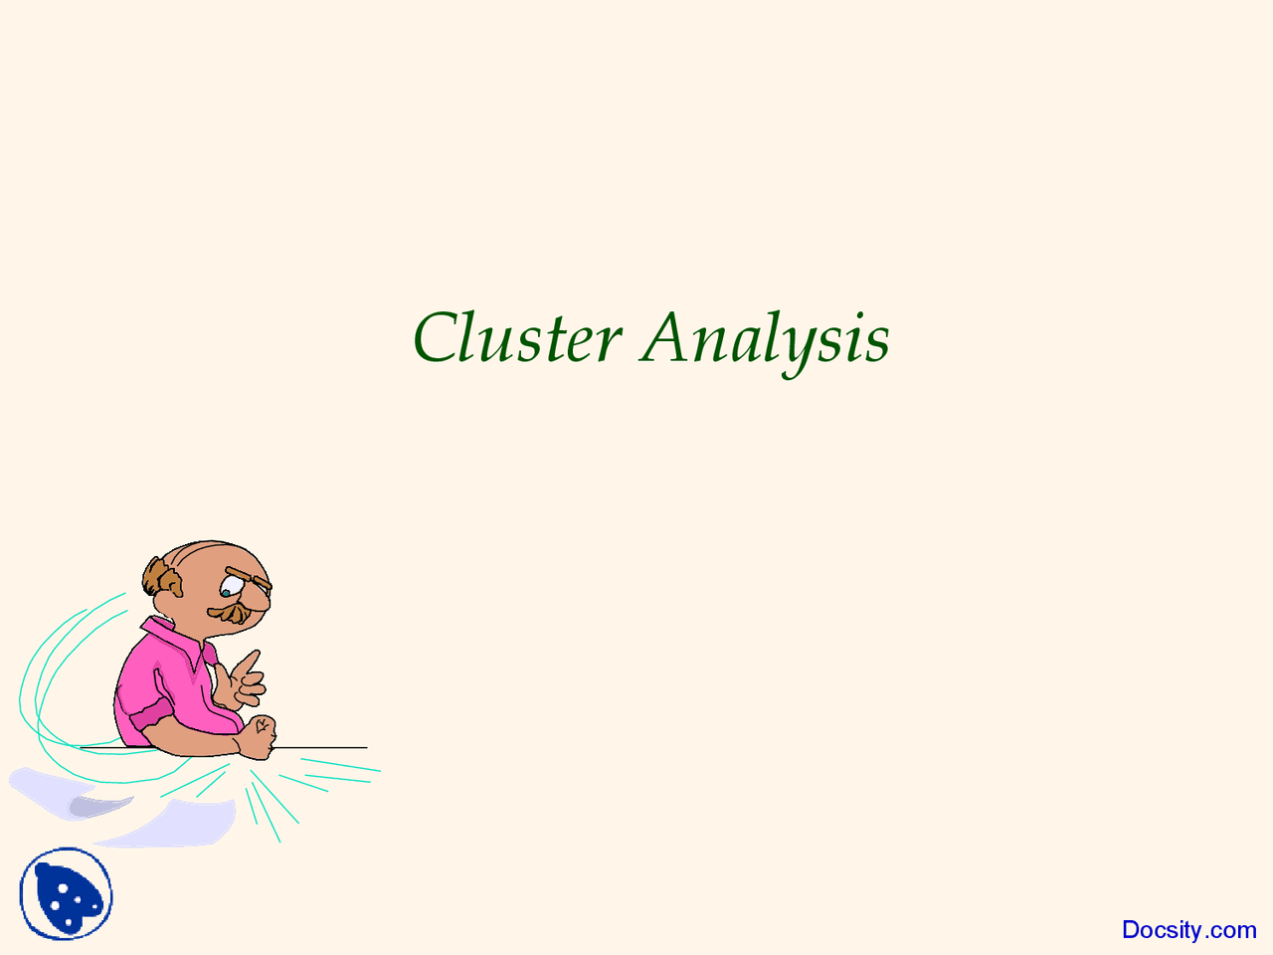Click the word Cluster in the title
tap(517, 338)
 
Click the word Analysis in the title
tap(765, 338)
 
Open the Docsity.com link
tap(1188, 930)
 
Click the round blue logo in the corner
tap(66, 893)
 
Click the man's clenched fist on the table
tap(258, 737)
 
